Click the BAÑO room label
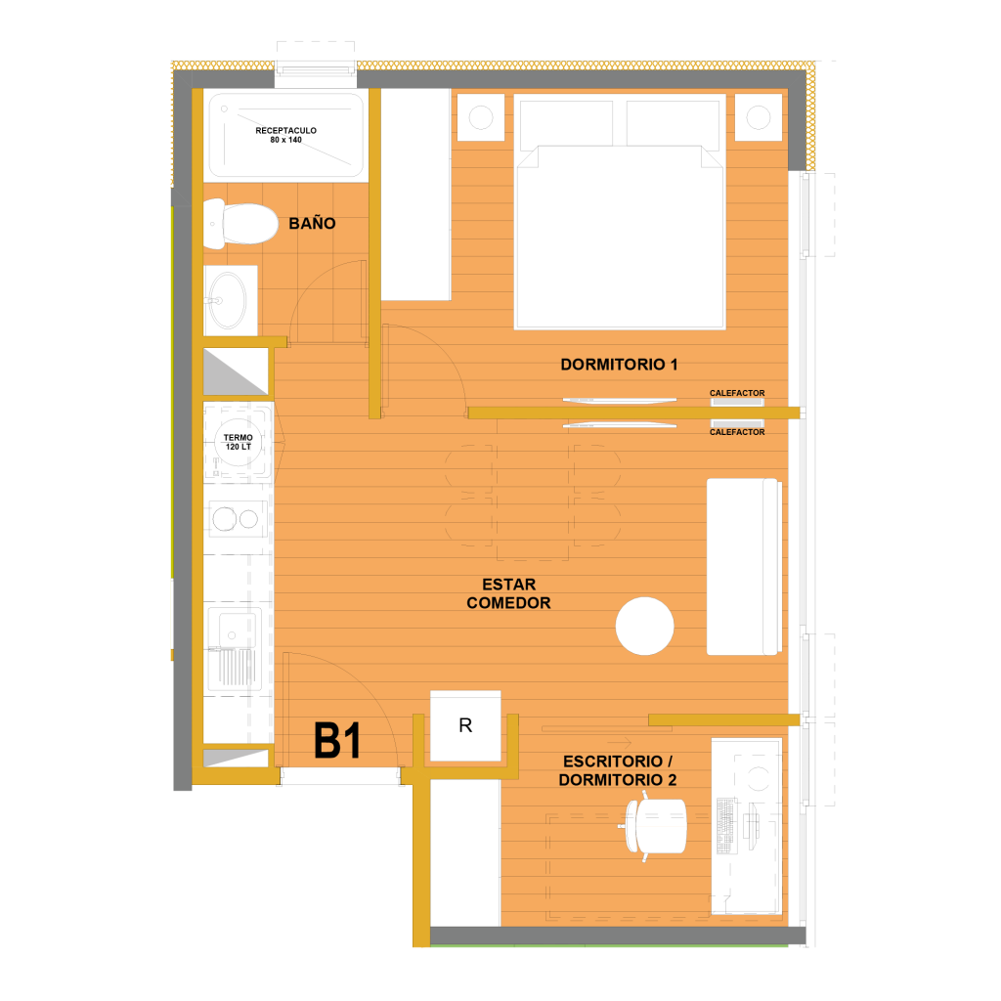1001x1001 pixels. point(312,224)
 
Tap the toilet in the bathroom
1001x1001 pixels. point(240,224)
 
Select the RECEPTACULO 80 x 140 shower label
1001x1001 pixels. point(286,135)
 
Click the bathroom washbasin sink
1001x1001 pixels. point(228,300)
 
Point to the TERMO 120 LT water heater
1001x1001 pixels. point(239,442)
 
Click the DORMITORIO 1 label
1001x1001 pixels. point(619,365)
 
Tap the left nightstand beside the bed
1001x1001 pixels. point(481,117)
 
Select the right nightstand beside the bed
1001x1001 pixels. point(759,117)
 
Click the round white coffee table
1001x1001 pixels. point(645,627)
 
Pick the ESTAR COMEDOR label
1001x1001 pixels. point(508,593)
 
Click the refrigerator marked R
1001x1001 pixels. point(465,725)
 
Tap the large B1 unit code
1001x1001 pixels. point(337,741)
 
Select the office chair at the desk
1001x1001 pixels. point(655,826)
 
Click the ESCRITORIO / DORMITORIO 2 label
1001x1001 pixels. point(618,770)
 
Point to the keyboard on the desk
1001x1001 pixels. point(725,826)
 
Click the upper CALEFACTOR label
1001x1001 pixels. point(737,393)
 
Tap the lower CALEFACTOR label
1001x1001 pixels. point(737,432)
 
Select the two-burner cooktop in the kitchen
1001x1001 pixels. point(236,519)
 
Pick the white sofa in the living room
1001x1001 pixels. point(744,567)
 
